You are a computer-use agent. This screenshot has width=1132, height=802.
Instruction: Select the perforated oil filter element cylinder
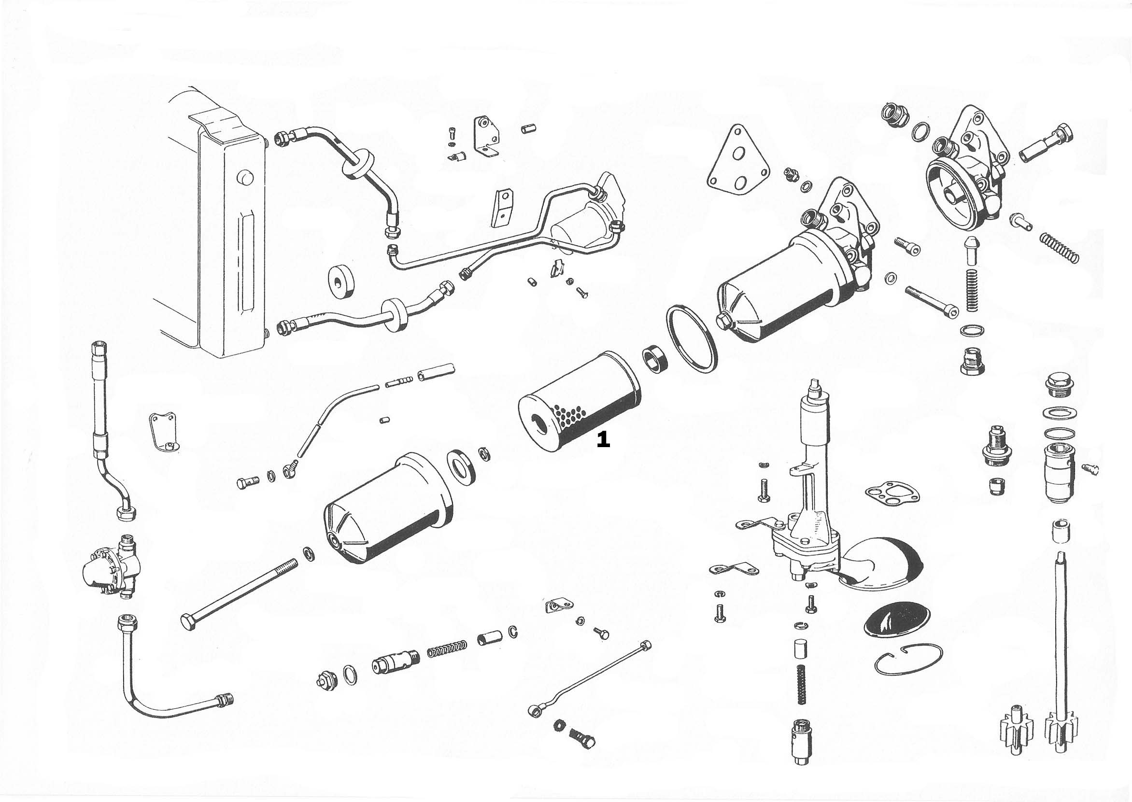click(588, 395)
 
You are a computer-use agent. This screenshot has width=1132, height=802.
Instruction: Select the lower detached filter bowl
click(388, 508)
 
